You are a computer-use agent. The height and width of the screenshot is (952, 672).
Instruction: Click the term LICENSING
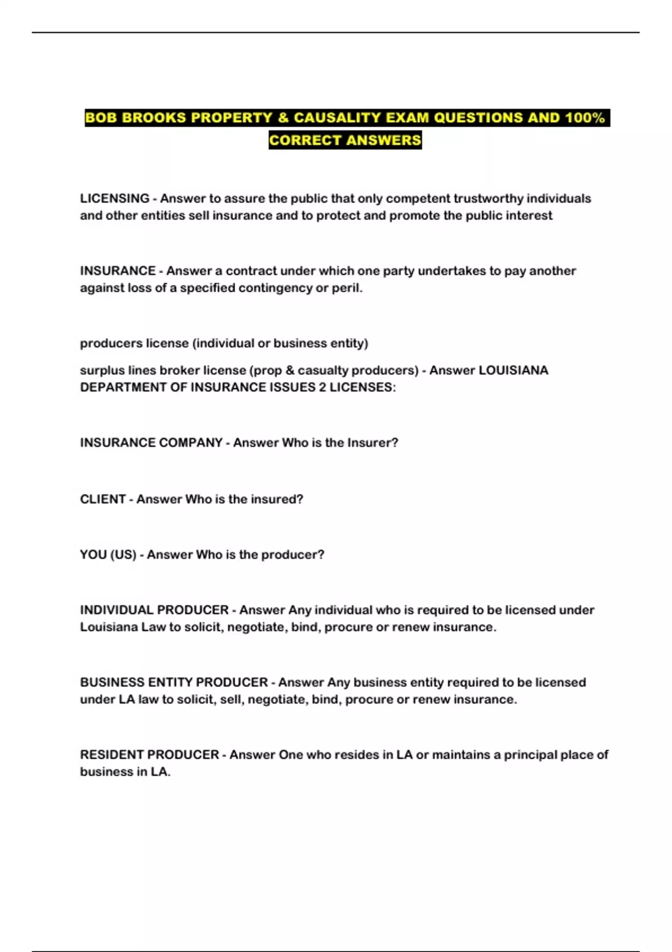115,199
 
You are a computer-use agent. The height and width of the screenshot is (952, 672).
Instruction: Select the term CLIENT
102,500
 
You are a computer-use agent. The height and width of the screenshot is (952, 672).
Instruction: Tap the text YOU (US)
108,555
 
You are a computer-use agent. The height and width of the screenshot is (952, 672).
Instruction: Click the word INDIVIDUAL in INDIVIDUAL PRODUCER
116,610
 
